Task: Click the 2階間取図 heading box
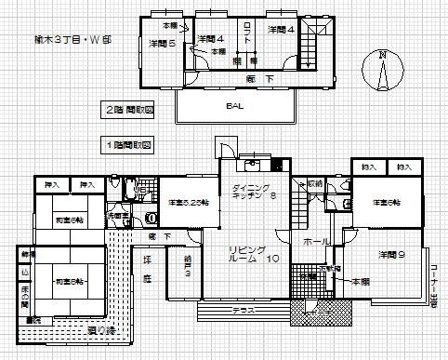[129, 108]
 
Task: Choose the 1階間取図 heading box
[128, 146]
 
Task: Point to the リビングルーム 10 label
[250, 256]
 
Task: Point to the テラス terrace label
[244, 308]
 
